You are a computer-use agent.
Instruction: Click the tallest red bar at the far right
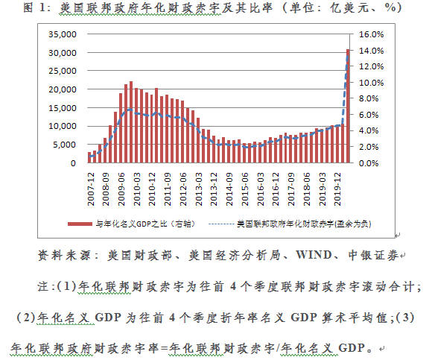pyautogui.click(x=347, y=104)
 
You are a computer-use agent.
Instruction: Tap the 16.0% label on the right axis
pyautogui.click(x=372, y=34)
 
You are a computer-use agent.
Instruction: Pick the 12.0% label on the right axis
pyautogui.click(x=372, y=66)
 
